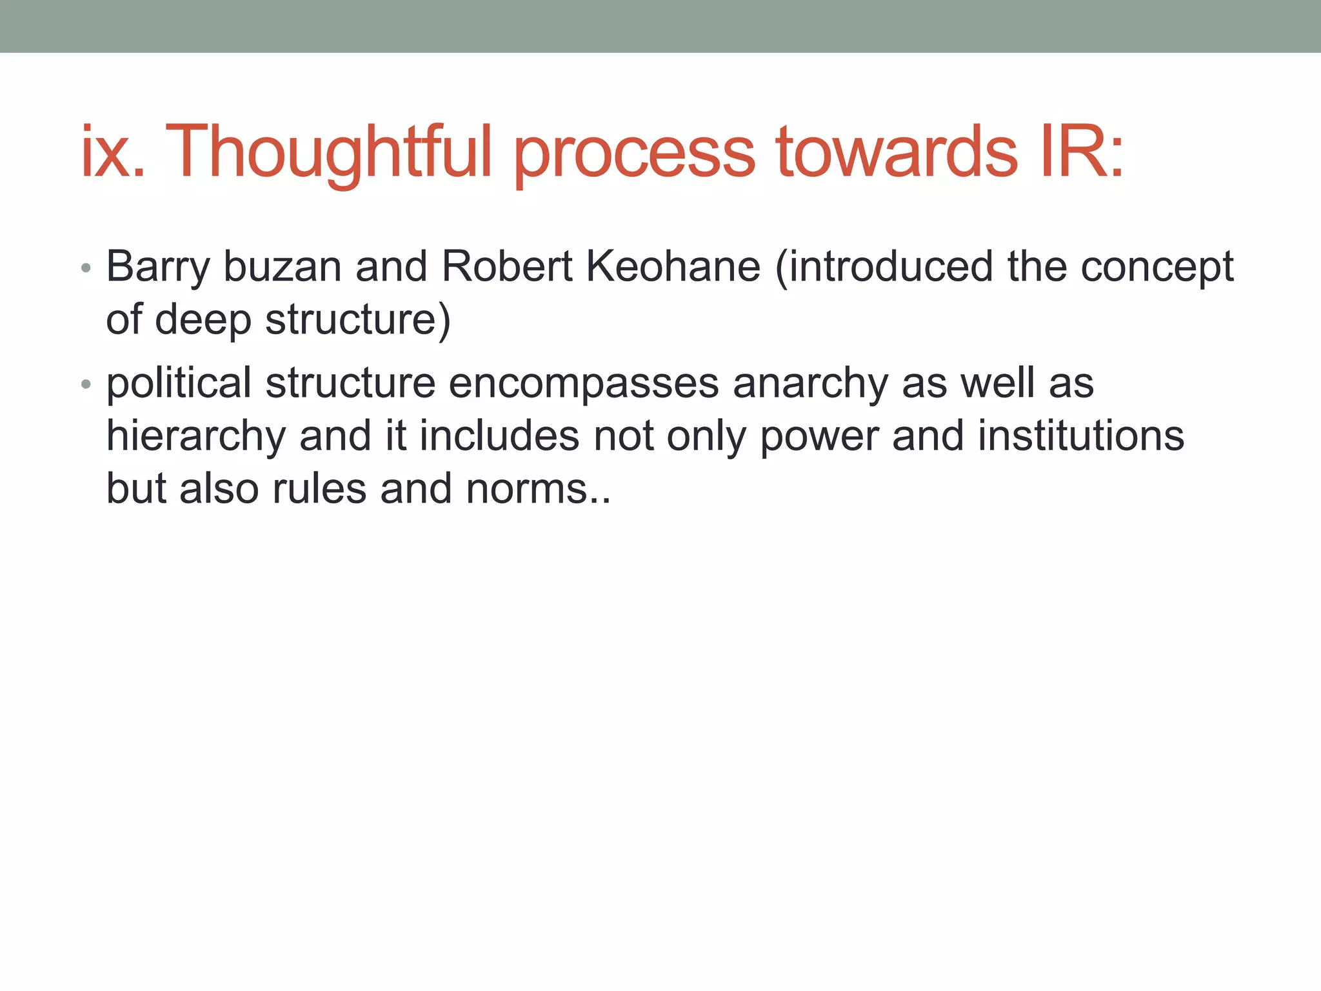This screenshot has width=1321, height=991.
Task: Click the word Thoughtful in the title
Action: click(x=329, y=152)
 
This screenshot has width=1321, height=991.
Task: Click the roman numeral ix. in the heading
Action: click(x=113, y=152)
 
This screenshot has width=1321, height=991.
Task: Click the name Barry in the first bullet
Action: click(x=157, y=267)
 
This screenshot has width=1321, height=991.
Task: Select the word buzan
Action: click(x=282, y=267)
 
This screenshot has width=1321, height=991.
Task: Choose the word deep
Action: click(x=203, y=321)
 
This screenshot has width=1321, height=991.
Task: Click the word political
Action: click(x=178, y=385)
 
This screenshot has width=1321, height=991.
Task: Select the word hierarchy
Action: click(x=195, y=437)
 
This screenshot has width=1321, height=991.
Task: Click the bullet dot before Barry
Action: click(x=86, y=268)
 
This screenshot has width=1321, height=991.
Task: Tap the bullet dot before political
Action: click(x=86, y=385)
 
